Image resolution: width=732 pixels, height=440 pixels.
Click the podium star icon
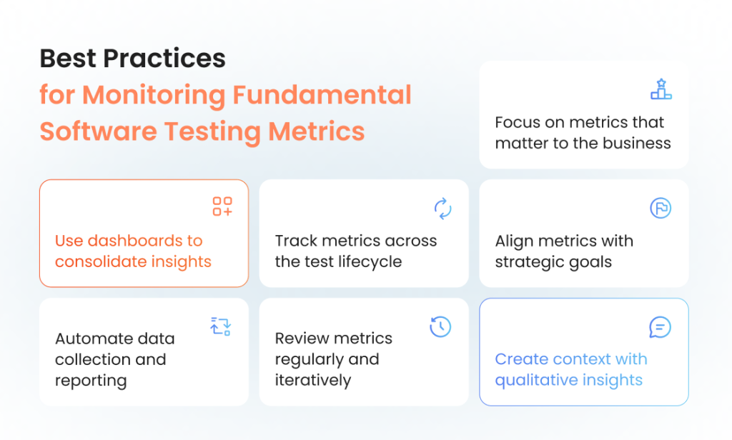point(661,89)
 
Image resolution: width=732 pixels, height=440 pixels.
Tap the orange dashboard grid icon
point(222,206)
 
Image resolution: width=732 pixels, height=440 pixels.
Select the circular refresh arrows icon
point(442,208)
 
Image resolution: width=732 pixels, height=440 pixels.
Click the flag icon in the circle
point(661,208)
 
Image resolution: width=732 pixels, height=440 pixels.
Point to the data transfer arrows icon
point(220,326)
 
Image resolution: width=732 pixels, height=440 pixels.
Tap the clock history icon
point(440,326)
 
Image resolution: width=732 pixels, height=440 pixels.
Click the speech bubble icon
point(660,327)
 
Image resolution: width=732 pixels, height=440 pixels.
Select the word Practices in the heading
point(164,59)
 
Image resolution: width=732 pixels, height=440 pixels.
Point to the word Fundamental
point(322,95)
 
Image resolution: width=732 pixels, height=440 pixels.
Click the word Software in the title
point(99,131)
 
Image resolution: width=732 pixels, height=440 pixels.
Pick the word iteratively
point(313,380)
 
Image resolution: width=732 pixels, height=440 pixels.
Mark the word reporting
point(91,381)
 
